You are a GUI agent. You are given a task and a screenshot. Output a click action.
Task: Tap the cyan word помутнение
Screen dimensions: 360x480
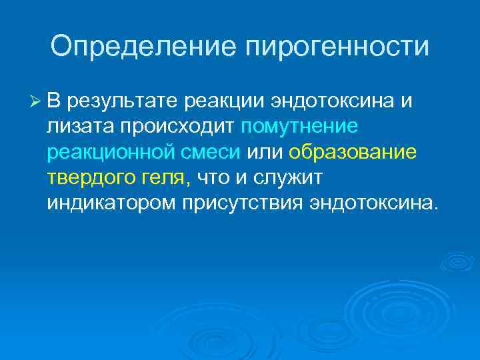click(x=299, y=127)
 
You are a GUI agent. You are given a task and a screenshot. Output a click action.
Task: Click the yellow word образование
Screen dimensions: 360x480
click(x=353, y=152)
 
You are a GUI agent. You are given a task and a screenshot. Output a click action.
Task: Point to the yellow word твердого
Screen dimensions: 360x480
click(x=87, y=177)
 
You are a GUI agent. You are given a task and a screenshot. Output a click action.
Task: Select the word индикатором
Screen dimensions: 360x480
click(x=112, y=203)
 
